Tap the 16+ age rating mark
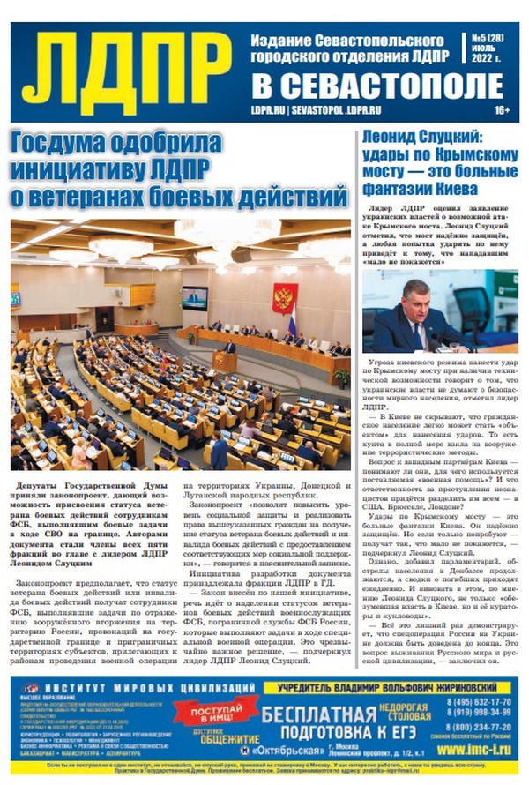coord(503,110)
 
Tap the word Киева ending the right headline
coord(453,189)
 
